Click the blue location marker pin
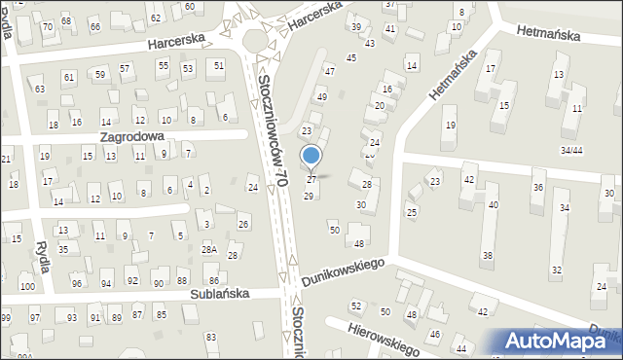[x=311, y=157]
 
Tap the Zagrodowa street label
[x=131, y=138]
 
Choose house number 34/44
[x=571, y=150]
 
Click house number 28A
[x=209, y=250]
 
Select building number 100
[x=27, y=286]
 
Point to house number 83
[x=211, y=337]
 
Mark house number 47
[x=330, y=71]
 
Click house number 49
[x=322, y=97]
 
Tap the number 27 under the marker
[x=311, y=180]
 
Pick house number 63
[x=40, y=89]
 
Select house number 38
[x=488, y=256]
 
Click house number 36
[x=537, y=187]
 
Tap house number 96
[x=77, y=283]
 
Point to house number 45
[x=351, y=58]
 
